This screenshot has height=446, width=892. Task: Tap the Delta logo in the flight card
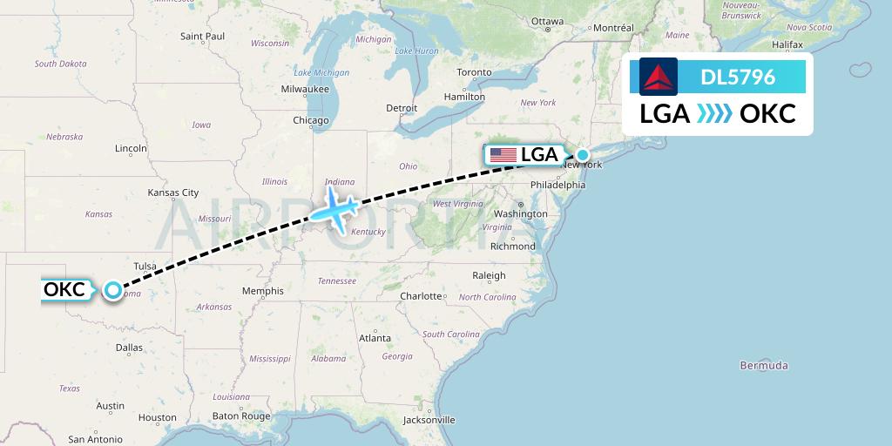(659, 77)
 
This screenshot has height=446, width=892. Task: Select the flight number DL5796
(738, 78)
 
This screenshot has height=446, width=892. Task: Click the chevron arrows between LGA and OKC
(714, 114)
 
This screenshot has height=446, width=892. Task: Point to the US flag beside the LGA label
(503, 155)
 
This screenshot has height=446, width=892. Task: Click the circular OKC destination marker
(113, 290)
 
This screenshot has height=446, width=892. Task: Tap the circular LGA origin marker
(583, 154)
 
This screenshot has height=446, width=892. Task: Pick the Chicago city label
(311, 120)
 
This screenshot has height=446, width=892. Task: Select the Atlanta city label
(375, 337)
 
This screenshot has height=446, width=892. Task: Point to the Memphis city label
(262, 291)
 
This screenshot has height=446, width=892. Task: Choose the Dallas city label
(128, 347)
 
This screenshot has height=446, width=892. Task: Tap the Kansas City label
(173, 193)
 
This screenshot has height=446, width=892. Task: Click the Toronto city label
(474, 71)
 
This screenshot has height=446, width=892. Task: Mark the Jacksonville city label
(429, 420)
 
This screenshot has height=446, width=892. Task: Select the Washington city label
(520, 213)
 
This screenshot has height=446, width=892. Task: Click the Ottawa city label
(547, 21)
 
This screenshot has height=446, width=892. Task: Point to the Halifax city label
(787, 44)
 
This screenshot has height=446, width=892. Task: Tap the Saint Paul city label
(202, 36)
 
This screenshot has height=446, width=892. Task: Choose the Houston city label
(157, 417)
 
